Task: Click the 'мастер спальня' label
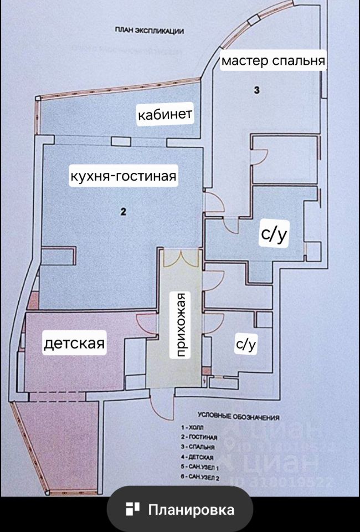tap(272, 60)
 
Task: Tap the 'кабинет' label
tap(165, 115)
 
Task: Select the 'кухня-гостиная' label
tap(123, 177)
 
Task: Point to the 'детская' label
tap(74, 344)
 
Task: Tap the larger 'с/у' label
tap(274, 235)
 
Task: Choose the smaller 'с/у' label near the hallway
tap(246, 345)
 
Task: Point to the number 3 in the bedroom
tap(256, 90)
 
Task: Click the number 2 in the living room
tap(124, 211)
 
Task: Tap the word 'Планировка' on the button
tap(191, 510)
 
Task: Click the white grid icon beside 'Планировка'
tap(133, 509)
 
